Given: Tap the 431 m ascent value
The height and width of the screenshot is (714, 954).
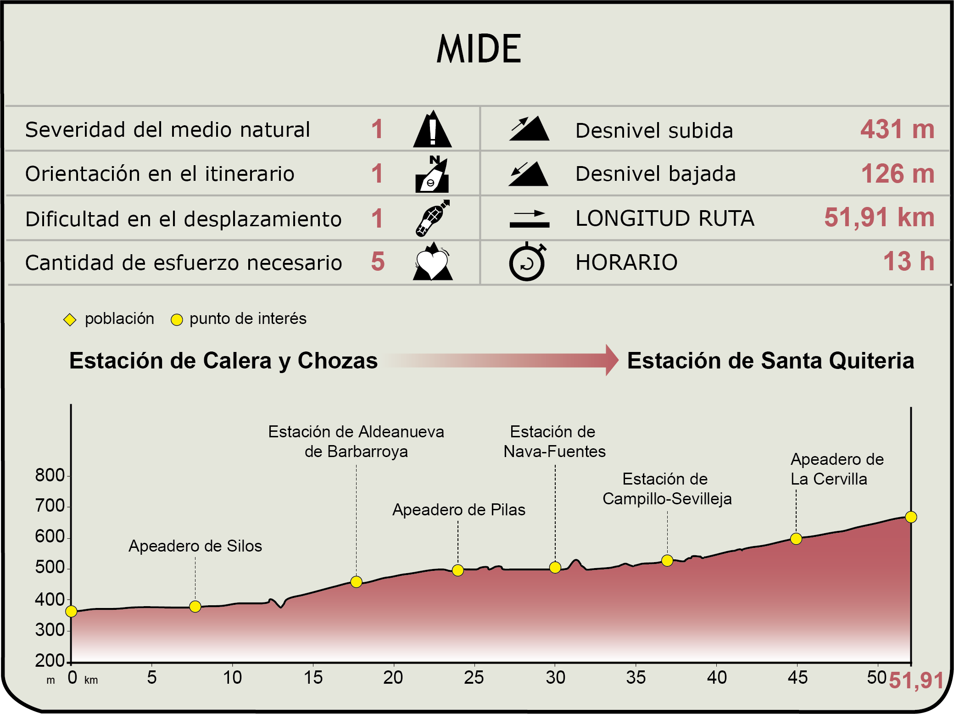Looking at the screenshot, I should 897,129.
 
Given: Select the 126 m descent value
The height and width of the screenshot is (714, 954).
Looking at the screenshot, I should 897,174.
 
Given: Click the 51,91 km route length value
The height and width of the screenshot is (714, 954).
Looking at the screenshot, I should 879,218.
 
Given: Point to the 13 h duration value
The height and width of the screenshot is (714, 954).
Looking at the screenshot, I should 909,262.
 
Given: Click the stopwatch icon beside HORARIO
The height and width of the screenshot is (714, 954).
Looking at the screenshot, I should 527,262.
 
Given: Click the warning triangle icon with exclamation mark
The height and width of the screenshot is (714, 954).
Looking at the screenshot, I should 432,130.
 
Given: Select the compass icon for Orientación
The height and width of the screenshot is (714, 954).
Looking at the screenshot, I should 432,174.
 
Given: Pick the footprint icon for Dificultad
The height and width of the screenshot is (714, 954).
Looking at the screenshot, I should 432,218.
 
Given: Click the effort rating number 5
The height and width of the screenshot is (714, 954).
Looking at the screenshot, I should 378,262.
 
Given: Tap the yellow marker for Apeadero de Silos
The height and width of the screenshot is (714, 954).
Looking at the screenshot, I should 195,607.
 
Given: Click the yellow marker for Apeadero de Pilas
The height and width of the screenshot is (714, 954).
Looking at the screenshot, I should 457,570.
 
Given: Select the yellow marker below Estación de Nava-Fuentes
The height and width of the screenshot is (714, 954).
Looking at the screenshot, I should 555,568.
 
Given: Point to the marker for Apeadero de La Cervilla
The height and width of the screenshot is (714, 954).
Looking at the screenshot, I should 796,539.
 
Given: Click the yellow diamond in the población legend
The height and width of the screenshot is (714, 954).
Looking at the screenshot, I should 70,320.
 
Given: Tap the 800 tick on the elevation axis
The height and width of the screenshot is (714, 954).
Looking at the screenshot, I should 50,476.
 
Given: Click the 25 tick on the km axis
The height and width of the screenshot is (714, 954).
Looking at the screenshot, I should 474,677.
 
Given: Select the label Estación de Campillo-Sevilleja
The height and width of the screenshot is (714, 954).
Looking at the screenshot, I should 667,489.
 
